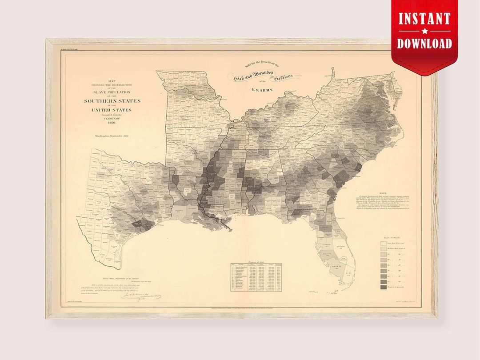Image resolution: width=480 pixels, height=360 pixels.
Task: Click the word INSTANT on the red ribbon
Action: click(424, 19)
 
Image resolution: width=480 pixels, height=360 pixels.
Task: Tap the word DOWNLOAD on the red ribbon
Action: click(424, 43)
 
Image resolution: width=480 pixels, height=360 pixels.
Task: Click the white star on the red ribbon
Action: click(424, 31)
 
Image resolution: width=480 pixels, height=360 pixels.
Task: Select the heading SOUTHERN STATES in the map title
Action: click(112, 101)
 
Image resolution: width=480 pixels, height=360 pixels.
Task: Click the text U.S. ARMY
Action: click(263, 90)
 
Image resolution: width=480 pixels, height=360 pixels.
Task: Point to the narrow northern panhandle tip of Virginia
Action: click(332, 71)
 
